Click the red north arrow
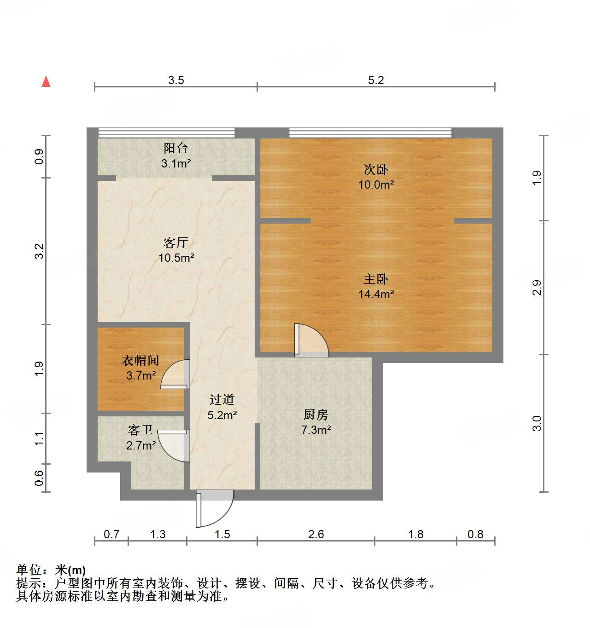[x=46, y=82]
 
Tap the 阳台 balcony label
[x=175, y=148]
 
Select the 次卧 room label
[x=376, y=170]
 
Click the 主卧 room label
[x=376, y=279]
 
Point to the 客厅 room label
[x=176, y=242]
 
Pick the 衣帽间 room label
[x=140, y=361]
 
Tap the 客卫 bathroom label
[x=140, y=430]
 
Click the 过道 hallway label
[x=222, y=400]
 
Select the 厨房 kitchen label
[x=316, y=415]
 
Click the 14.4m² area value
[x=376, y=294]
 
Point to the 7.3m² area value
[x=316, y=430]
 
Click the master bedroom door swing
[x=312, y=340]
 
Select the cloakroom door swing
[x=175, y=374]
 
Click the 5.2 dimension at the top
[x=376, y=81]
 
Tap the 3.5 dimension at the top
[x=176, y=81]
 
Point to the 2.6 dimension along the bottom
[x=316, y=534]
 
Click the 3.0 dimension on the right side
[x=537, y=423]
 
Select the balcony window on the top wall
[x=167, y=133]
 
